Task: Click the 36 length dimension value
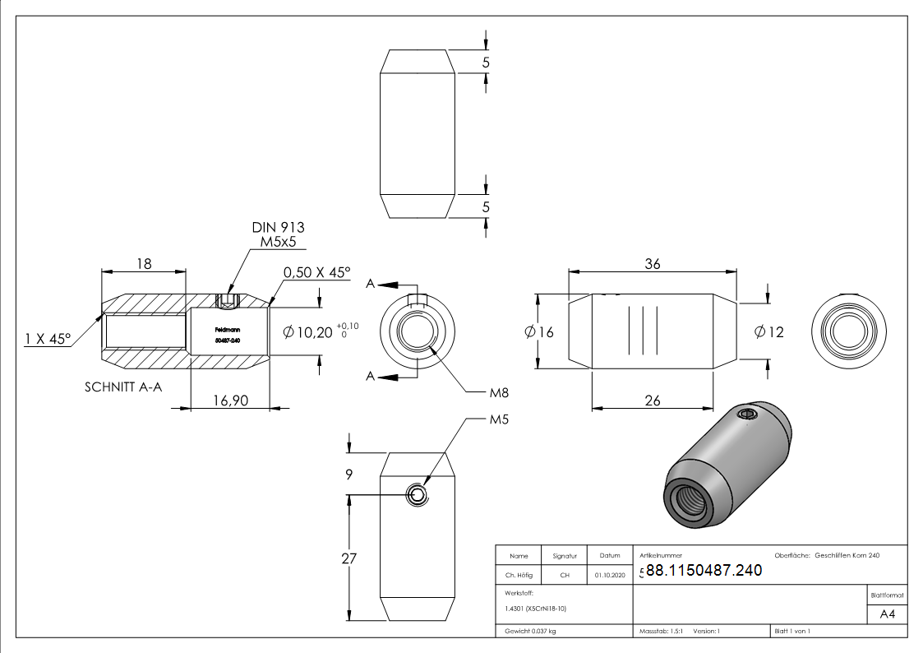653,264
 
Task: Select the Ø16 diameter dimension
539,332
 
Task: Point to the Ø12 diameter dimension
768,332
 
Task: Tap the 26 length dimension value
653,401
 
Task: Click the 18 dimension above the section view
144,264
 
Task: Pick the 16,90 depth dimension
230,401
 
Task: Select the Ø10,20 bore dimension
308,332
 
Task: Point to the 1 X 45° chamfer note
48,338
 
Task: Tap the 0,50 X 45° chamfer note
316,272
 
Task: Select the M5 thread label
499,419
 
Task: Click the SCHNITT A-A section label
124,387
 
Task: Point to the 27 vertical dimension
348,558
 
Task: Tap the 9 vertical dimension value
348,474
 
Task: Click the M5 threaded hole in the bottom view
418,494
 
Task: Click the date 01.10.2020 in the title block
609,576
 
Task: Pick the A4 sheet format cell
887,614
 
